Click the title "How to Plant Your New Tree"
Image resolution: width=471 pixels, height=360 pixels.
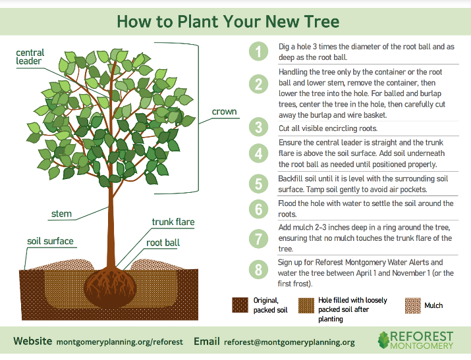[x=228, y=21]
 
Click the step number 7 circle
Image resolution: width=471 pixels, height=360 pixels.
[x=259, y=238]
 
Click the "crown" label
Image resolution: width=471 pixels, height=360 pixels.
[x=224, y=112]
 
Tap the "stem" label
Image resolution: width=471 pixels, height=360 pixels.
[x=61, y=214]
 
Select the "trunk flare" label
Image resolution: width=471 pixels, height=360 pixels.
[x=173, y=222]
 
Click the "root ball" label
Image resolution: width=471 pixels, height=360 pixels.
[x=163, y=243]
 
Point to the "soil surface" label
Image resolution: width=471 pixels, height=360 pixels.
[x=50, y=241]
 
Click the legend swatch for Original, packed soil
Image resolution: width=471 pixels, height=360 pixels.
[x=240, y=305]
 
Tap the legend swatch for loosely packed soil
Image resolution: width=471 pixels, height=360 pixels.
[x=305, y=305]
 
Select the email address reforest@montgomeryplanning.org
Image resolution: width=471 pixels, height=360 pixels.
[x=289, y=342]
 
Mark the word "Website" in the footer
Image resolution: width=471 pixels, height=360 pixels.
[x=33, y=342]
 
